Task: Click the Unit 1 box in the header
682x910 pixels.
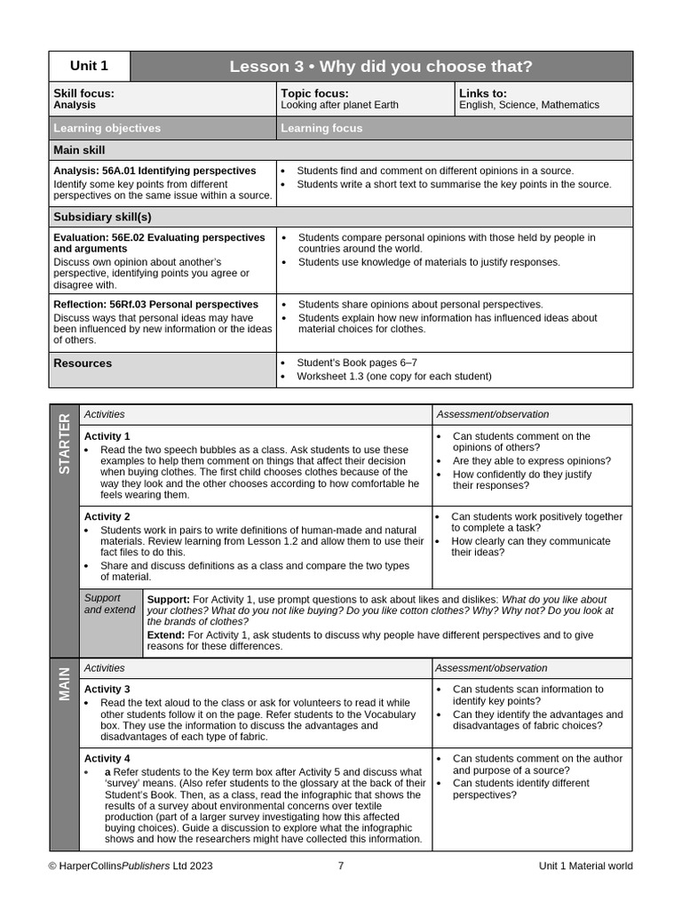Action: [89, 66]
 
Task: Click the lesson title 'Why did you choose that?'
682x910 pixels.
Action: [381, 67]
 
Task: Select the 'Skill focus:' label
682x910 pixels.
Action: [83, 92]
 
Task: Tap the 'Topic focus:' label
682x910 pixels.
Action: [314, 92]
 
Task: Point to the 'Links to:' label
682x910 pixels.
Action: [483, 92]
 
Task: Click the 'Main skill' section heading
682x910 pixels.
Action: [79, 150]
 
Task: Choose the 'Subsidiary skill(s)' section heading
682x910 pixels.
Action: [102, 217]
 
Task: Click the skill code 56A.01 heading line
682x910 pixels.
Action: [155, 171]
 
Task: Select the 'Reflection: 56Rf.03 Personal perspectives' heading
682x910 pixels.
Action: [155, 304]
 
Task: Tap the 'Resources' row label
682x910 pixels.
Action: [83, 363]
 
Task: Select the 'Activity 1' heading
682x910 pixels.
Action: [107, 436]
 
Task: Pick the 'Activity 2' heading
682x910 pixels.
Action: [107, 516]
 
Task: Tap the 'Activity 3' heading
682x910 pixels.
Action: [107, 689]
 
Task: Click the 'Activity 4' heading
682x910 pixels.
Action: [107, 758]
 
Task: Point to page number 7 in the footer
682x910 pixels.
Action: [341, 866]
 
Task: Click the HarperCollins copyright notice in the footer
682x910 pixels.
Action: [131, 866]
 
